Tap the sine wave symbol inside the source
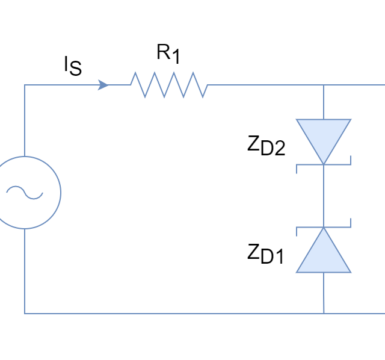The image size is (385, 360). point(24,193)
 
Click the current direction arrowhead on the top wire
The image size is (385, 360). point(103,85)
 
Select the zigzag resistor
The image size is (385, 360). point(169,85)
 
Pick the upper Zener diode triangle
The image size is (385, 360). point(323,135)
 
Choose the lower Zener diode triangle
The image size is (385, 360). point(323,256)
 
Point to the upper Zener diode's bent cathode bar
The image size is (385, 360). point(323,164)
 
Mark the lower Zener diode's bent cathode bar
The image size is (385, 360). point(323,228)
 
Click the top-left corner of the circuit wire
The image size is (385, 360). point(24,85)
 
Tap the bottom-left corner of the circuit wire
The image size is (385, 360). point(24,314)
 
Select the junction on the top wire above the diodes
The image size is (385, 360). point(323,85)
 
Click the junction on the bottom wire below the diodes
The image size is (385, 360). point(323,314)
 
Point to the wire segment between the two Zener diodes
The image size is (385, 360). point(323,196)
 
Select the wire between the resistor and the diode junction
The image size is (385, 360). point(265,85)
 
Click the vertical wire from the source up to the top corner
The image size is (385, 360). point(24,120)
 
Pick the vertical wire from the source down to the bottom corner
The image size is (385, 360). point(24,271)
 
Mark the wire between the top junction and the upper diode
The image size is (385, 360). point(323,102)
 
